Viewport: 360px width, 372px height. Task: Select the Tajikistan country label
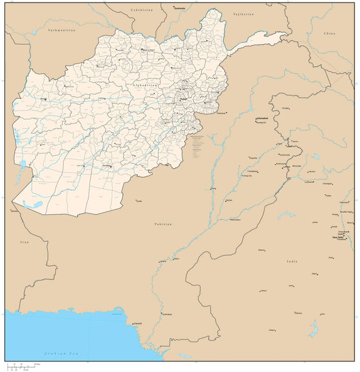pos(243,13)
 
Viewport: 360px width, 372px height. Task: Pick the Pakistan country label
pos(163,224)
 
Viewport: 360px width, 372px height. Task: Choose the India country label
pos(292,262)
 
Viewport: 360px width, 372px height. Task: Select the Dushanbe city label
pos(179,8)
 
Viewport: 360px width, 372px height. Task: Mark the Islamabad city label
pos(261,118)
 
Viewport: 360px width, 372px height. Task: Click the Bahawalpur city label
pos(235,219)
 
